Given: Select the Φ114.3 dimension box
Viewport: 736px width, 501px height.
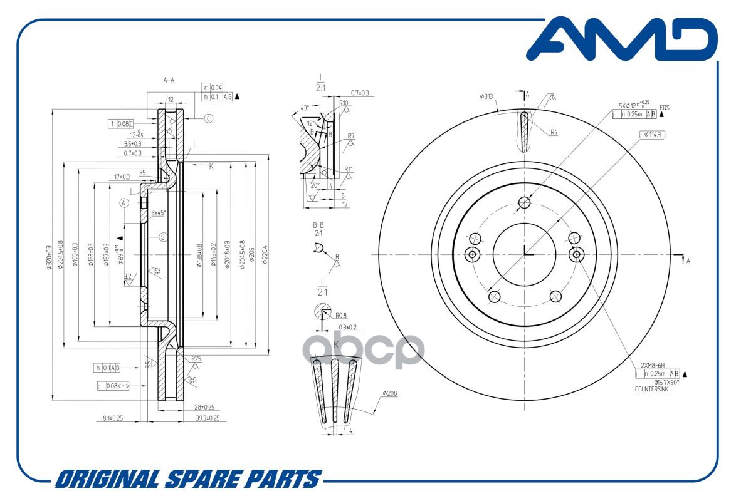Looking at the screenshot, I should [653, 135].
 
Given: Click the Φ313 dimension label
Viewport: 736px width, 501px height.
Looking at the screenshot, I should [486, 96].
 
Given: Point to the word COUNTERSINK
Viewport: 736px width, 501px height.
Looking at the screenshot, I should [652, 388].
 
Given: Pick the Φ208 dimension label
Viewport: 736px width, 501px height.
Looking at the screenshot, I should [390, 394].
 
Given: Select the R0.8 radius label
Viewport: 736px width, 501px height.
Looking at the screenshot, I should [342, 316].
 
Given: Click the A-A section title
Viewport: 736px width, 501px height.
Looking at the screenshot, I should [169, 80].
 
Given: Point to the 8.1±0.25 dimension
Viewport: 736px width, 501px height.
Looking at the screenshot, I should [108, 418].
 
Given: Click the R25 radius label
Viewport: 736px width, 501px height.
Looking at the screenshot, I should [196, 359].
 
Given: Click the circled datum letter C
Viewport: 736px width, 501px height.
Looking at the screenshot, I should [209, 118].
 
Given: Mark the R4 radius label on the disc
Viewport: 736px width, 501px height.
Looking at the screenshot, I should [554, 132].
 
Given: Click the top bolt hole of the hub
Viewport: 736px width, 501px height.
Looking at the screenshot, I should [525, 202].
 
